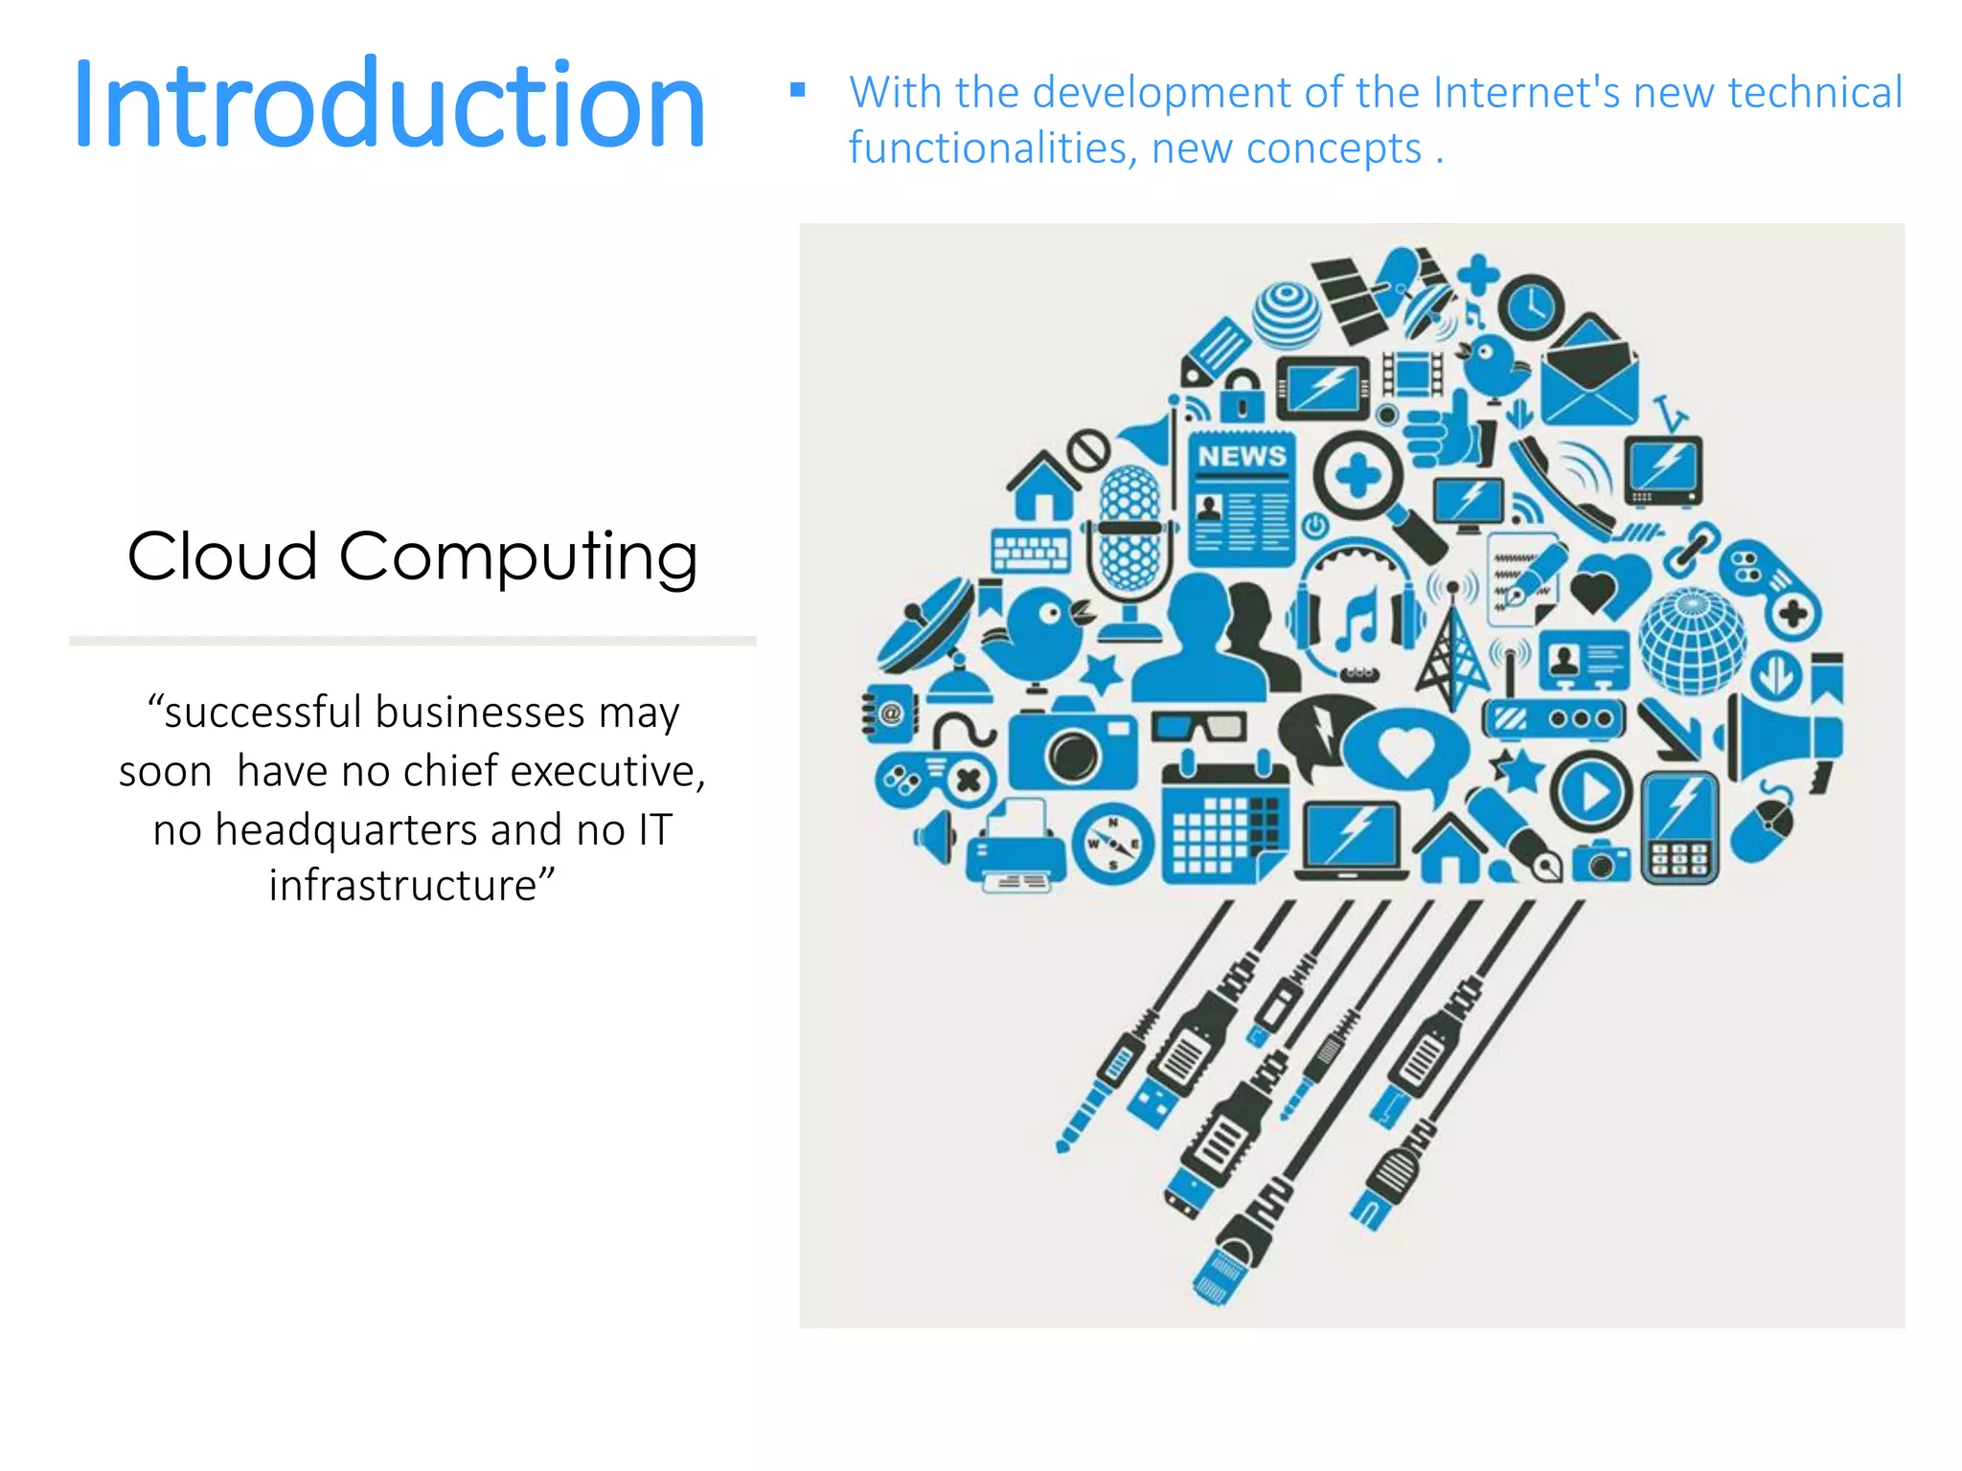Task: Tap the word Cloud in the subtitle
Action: pyautogui.click(x=222, y=556)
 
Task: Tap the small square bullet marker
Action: pyautogui.click(x=797, y=91)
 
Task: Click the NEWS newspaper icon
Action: pyautogui.click(x=1242, y=498)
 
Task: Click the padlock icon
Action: pyautogui.click(x=1243, y=396)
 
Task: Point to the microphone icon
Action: pyautogui.click(x=1130, y=536)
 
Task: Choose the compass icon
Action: pyautogui.click(x=1112, y=844)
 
